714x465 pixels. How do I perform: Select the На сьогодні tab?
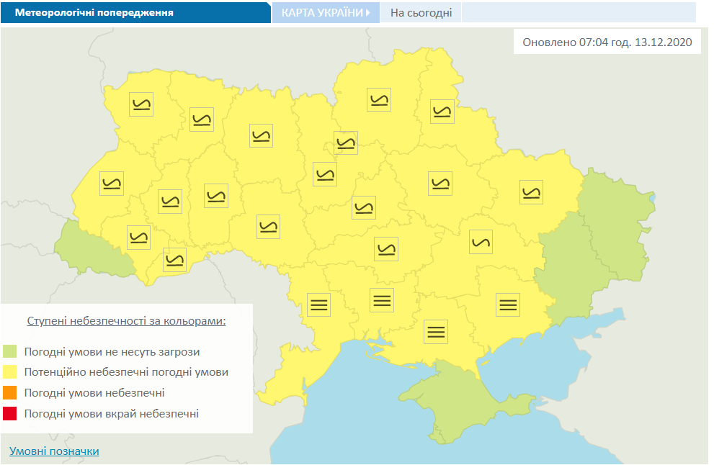click(421, 13)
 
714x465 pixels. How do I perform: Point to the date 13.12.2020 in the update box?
click(664, 42)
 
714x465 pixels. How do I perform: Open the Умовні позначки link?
click(54, 451)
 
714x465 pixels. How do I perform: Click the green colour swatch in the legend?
click(9, 352)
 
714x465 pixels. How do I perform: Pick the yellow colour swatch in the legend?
click(9, 373)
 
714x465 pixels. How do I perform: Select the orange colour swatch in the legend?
click(9, 393)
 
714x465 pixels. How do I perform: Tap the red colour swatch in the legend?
click(9, 414)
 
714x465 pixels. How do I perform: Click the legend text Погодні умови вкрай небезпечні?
click(111, 414)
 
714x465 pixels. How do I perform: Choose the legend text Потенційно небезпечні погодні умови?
click(126, 373)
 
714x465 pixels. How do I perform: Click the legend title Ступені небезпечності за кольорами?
click(126, 320)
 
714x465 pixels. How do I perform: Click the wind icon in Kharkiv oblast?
click(531, 192)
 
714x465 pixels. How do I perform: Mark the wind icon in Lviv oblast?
click(112, 184)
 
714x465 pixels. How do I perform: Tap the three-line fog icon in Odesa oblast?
click(318, 304)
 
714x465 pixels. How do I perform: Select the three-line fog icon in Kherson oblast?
click(435, 331)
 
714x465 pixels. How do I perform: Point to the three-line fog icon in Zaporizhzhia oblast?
click(508, 304)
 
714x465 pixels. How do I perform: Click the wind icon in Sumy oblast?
click(441, 111)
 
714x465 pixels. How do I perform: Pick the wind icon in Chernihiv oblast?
click(378, 99)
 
